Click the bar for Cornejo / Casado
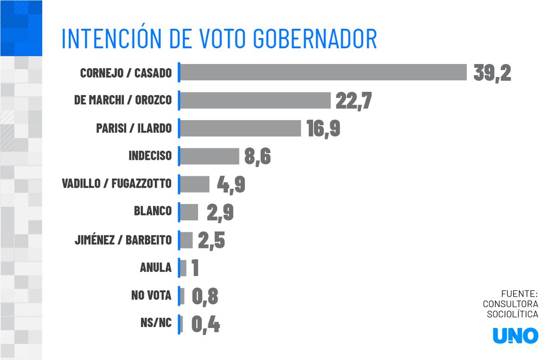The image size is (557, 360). click(x=323, y=72)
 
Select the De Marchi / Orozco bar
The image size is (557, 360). click(x=255, y=100)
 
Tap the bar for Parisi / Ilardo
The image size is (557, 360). click(x=240, y=128)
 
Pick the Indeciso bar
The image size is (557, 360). click(x=209, y=156)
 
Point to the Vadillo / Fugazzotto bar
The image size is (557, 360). click(x=194, y=184)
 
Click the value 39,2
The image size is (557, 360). click(x=492, y=73)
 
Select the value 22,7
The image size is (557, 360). click(x=353, y=101)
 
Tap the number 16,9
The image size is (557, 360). click(x=323, y=129)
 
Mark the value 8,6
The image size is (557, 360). click(x=257, y=157)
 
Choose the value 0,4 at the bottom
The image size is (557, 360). click(x=205, y=324)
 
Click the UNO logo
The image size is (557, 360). click(x=515, y=336)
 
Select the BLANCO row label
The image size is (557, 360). click(x=152, y=211)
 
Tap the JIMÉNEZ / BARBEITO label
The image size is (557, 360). click(x=123, y=240)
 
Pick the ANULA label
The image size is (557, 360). click(x=155, y=268)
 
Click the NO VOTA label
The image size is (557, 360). click(x=151, y=295)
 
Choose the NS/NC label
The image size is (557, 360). click(x=155, y=323)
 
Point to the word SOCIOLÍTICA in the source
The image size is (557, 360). click(x=512, y=314)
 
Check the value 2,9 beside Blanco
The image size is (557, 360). click(x=220, y=212)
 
